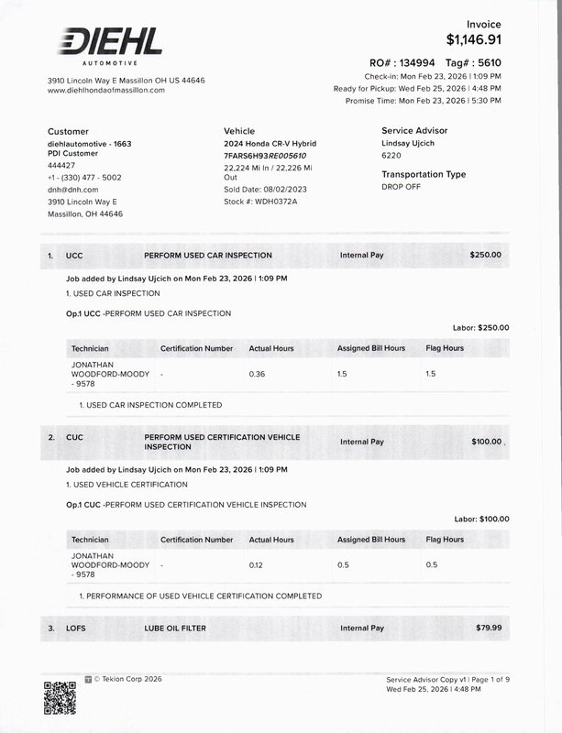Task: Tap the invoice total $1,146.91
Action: (474, 39)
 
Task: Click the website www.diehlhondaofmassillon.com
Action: (105, 90)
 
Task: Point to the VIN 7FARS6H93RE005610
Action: (265, 156)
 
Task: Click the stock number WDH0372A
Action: (265, 201)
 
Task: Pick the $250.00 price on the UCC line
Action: (485, 255)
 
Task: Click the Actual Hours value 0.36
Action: (257, 374)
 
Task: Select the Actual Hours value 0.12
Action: (257, 565)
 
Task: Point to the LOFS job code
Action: (77, 628)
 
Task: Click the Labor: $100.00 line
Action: (481, 519)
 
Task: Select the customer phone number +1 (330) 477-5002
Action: (84, 178)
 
